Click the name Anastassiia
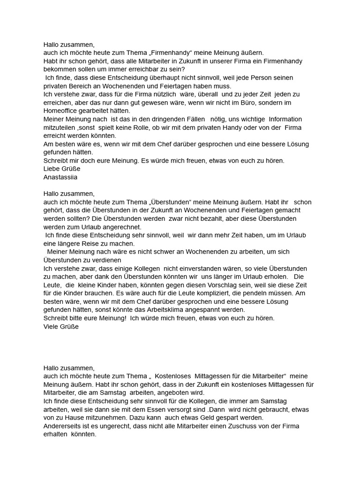click(60, 177)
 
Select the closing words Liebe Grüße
click(62, 169)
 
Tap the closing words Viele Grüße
click(61, 326)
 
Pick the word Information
click(285, 119)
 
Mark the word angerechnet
click(112, 227)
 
